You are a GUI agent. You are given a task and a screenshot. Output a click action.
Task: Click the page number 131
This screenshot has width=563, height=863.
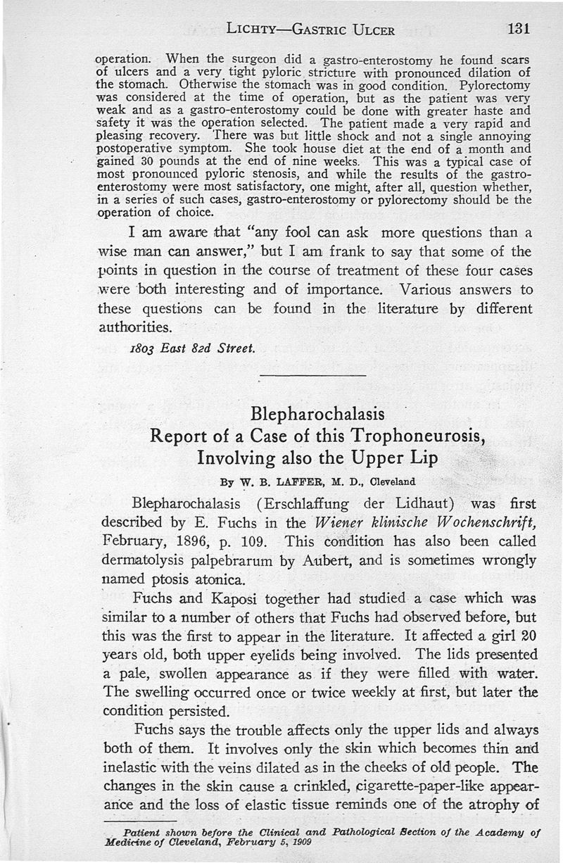click(517, 29)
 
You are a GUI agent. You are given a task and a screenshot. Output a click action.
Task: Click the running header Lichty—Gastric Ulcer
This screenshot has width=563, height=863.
click(310, 30)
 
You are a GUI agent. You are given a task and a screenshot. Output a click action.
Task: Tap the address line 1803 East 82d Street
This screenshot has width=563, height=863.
click(191, 350)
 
